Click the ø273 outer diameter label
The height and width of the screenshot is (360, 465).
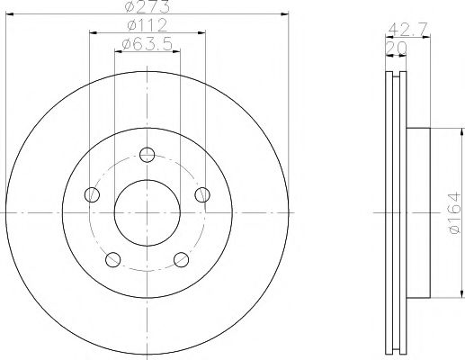click(147, 7)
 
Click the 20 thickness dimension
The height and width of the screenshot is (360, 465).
click(392, 45)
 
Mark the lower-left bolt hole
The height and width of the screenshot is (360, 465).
click(112, 259)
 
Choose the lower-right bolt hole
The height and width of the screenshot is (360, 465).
click(181, 259)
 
